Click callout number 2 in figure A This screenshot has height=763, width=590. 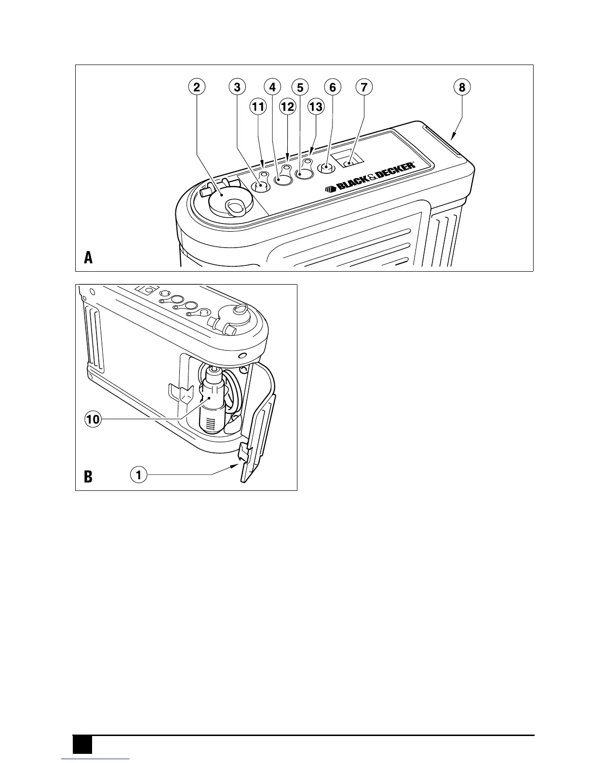pos(196,87)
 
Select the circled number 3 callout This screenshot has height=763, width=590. pos(237,87)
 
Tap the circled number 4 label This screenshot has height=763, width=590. pos(272,87)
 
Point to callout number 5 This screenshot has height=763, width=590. pos(300,87)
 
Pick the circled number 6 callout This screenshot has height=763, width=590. pos(333,87)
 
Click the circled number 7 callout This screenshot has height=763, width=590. pos(364,87)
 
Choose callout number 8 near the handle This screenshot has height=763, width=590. pos(462,87)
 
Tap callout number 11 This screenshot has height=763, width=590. pos(258,106)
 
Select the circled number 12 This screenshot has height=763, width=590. pos(287,106)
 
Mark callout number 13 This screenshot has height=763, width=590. pos(316,106)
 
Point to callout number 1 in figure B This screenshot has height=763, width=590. pos(138,475)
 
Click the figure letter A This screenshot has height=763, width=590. pos(88,258)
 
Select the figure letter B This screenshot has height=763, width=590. pos(88,477)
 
